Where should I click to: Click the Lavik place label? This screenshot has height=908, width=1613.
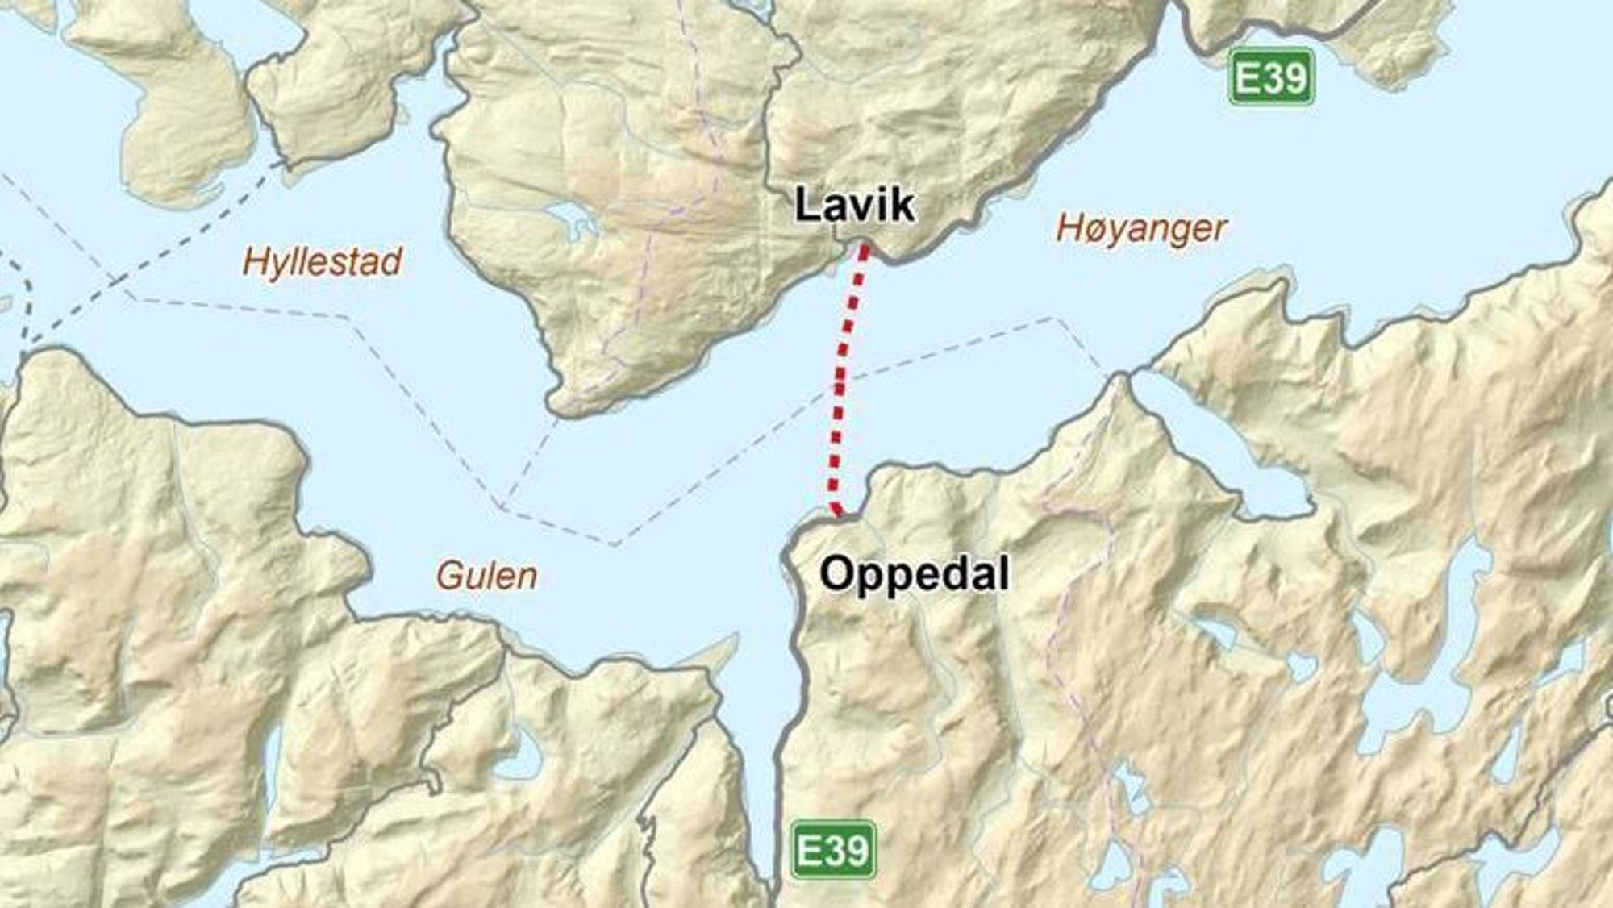click(x=855, y=205)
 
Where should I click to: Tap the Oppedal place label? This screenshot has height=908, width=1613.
click(x=914, y=575)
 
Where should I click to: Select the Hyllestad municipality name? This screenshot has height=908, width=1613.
click(x=323, y=262)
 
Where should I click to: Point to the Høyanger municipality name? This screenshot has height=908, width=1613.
click(x=1141, y=229)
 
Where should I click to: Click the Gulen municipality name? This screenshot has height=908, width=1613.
click(x=486, y=576)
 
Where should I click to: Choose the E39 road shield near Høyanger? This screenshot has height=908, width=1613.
click(x=1271, y=77)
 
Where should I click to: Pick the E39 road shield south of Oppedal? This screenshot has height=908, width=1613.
click(x=832, y=849)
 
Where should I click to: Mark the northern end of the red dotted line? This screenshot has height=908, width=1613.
click(x=865, y=248)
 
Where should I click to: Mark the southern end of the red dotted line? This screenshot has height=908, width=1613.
click(x=839, y=512)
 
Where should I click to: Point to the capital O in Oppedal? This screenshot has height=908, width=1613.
click(x=836, y=575)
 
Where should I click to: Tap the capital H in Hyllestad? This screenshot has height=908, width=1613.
click(x=257, y=262)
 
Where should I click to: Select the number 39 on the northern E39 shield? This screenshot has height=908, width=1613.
click(x=1284, y=77)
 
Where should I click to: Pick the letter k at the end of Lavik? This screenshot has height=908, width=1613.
click(x=903, y=205)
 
